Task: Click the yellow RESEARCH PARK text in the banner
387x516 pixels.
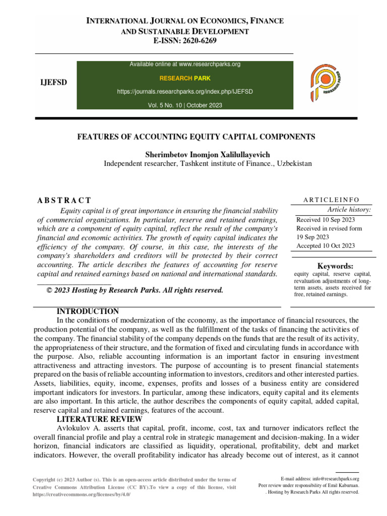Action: coord(185,78)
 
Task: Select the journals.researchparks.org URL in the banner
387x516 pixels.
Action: coord(185,92)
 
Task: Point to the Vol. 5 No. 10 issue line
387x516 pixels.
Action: coord(185,105)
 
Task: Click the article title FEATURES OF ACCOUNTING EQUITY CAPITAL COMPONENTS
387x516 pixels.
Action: coord(196,137)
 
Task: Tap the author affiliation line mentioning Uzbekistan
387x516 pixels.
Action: coord(208,164)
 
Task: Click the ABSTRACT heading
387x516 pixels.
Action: coord(64,201)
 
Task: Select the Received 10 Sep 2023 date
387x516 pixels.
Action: coord(326,220)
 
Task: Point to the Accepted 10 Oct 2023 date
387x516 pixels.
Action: coord(326,246)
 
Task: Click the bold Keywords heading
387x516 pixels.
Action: coord(335,266)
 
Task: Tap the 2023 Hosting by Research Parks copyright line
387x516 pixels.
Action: coord(135,290)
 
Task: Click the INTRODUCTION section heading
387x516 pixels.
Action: coord(88,311)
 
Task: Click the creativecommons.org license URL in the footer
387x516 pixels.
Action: coord(82,495)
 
